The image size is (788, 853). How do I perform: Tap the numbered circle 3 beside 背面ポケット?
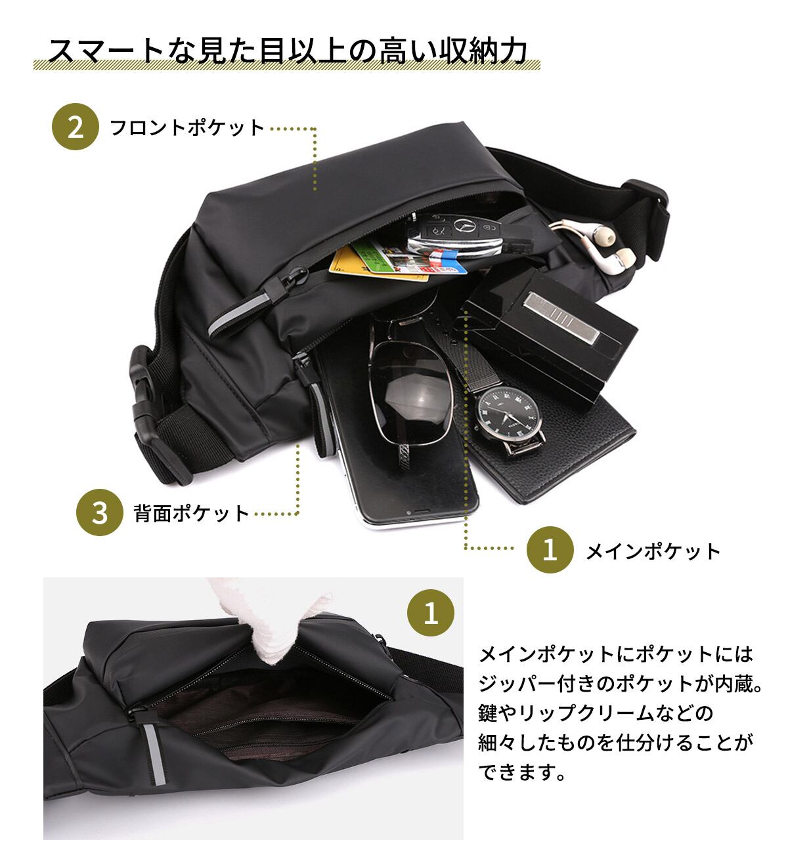100,512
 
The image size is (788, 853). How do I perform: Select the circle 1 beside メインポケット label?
550,550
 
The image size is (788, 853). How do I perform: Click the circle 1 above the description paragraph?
431,615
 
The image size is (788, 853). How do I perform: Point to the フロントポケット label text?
187,127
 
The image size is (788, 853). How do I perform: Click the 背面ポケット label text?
192,512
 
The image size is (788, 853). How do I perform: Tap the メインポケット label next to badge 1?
653,551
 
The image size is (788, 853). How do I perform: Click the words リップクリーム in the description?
607,713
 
